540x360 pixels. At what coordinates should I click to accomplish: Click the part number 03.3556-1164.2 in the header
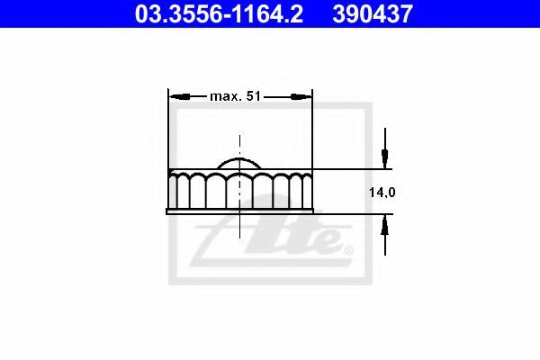click(219, 13)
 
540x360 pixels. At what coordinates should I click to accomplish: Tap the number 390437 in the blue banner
click(373, 13)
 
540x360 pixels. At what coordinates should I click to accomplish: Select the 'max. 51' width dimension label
click(235, 96)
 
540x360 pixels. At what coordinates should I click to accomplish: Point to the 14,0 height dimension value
click(382, 193)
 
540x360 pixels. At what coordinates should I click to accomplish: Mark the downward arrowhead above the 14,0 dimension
click(385, 158)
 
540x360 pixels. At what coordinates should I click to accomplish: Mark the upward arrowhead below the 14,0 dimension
click(385, 225)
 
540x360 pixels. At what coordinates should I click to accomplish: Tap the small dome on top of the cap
click(239, 163)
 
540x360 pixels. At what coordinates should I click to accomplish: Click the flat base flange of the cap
click(239, 211)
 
